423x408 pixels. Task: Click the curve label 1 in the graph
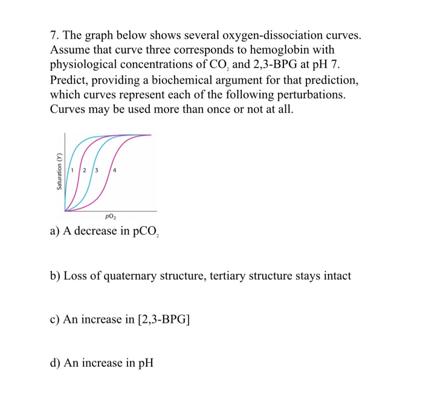coord(73,170)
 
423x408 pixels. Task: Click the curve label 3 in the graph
coord(95,170)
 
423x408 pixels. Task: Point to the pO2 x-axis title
coord(111,216)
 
